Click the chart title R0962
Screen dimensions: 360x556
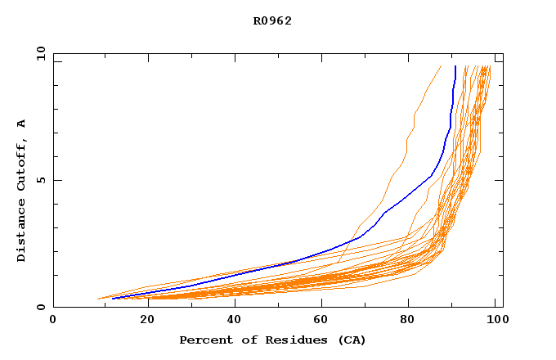pos(272,21)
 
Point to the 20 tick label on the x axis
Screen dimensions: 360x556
pos(142,322)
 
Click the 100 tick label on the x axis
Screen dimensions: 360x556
pos(496,322)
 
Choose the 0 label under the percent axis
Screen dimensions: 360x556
pos(53,322)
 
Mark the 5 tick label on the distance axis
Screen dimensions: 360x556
pos(38,180)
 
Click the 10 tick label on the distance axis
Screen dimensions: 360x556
pos(38,53)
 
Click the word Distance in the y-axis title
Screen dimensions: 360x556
pos(22,231)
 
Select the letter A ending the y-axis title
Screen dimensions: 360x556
pos(22,124)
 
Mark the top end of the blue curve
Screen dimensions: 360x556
pos(455,66)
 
